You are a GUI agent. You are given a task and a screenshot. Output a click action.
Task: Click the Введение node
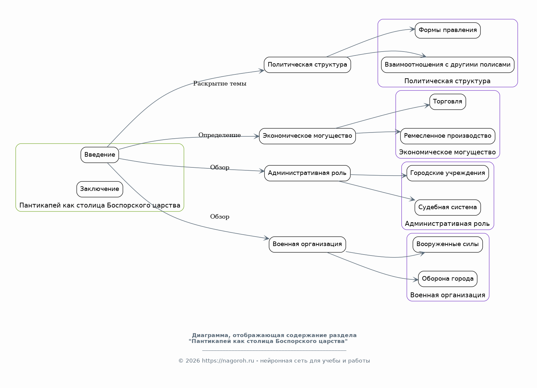pos(100,155)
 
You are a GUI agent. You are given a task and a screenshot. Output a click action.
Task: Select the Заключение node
pos(100,189)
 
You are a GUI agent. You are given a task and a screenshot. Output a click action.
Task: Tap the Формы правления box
pos(447,30)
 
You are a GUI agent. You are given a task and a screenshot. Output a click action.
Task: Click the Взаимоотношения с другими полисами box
pos(447,65)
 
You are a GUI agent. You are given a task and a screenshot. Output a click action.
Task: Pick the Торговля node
pos(447,102)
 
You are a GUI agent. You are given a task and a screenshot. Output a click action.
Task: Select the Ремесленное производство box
pos(447,136)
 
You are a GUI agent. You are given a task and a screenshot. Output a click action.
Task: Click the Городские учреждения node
pos(447,173)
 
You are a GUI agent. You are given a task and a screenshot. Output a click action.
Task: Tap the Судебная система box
pos(447,207)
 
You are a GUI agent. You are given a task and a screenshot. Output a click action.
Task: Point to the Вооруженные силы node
pos(447,244)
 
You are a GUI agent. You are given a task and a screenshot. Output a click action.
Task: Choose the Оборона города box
pos(447,279)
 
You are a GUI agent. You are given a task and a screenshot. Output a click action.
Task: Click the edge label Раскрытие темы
pos(220,84)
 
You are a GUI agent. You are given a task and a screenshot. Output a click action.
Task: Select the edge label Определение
pos(220,135)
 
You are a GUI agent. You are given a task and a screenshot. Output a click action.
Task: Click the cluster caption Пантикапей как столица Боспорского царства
pos(100,205)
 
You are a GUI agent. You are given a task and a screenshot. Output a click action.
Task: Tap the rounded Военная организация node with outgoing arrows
pos(307,244)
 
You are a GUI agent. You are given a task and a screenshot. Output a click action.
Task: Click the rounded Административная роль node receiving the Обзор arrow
pos(307,173)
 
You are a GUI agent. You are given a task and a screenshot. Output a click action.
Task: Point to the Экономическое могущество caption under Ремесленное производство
pos(447,152)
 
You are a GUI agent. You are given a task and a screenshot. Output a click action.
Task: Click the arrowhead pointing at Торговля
pos(427,105)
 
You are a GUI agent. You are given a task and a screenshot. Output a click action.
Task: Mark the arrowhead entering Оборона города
pos(416,280)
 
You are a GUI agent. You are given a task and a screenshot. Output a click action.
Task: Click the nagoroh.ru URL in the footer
pos(228,361)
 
